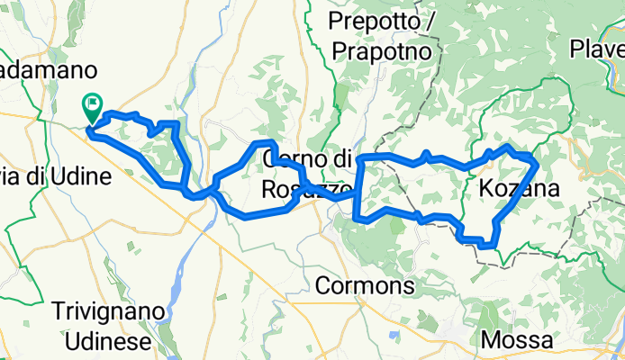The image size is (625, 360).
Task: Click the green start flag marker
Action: (93, 109)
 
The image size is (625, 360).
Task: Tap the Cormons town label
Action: (365, 287)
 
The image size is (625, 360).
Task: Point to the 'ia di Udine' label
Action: (54, 176)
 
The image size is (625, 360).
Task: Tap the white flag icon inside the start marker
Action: (94, 104)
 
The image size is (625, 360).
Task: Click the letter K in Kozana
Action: (476, 189)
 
